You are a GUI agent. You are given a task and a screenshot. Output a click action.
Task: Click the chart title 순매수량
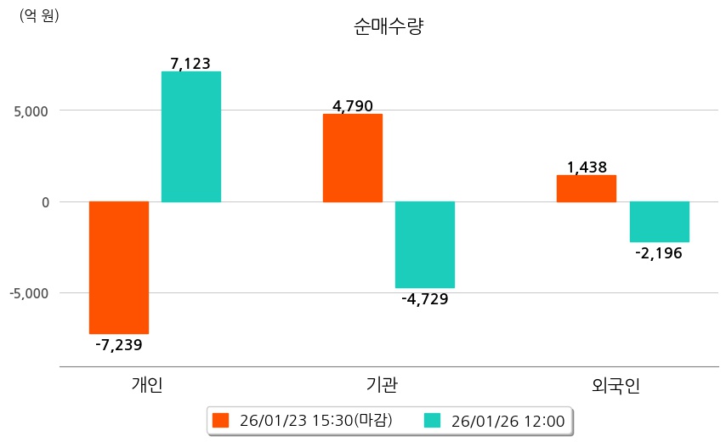(388, 26)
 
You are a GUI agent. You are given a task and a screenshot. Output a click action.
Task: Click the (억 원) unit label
(39, 15)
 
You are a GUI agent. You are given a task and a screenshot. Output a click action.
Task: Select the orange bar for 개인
(119, 267)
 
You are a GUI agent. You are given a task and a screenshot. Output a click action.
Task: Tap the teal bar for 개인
(191, 137)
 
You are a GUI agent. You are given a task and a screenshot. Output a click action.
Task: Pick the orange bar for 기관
(353, 157)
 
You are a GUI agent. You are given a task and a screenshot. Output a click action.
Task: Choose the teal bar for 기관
(425, 245)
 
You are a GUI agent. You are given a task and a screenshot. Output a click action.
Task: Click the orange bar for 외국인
(587, 189)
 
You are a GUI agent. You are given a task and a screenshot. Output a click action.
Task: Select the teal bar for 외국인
(659, 222)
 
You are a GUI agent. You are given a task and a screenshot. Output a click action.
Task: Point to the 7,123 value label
(190, 63)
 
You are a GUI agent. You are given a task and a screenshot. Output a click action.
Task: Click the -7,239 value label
(118, 344)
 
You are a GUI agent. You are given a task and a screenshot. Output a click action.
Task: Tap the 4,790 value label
(353, 106)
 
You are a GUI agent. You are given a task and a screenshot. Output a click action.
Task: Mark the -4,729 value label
(425, 298)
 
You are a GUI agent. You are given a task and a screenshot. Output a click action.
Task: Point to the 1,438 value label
(587, 167)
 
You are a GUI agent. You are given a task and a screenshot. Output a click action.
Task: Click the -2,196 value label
(659, 253)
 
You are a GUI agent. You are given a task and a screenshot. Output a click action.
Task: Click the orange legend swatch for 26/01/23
(221, 420)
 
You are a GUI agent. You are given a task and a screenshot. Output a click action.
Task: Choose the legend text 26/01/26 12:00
(508, 420)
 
